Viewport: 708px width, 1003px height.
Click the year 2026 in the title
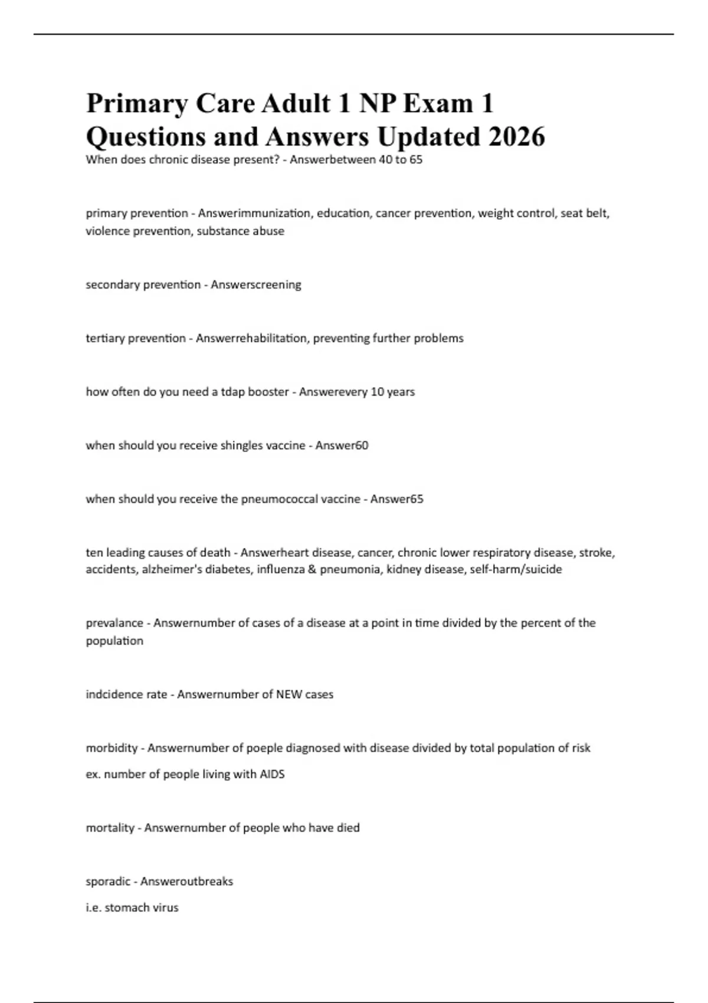click(x=516, y=137)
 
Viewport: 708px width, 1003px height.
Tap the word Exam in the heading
click(x=438, y=103)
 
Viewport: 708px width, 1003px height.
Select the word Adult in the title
click(x=296, y=103)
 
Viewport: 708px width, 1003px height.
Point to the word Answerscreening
click(x=255, y=284)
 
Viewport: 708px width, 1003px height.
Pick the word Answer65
click(x=396, y=499)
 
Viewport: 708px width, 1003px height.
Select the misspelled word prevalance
click(x=115, y=623)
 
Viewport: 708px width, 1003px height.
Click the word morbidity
click(x=112, y=748)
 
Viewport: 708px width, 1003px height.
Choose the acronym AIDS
click(x=272, y=774)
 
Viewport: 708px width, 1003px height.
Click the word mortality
click(x=110, y=828)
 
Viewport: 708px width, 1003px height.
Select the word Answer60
click(x=342, y=445)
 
